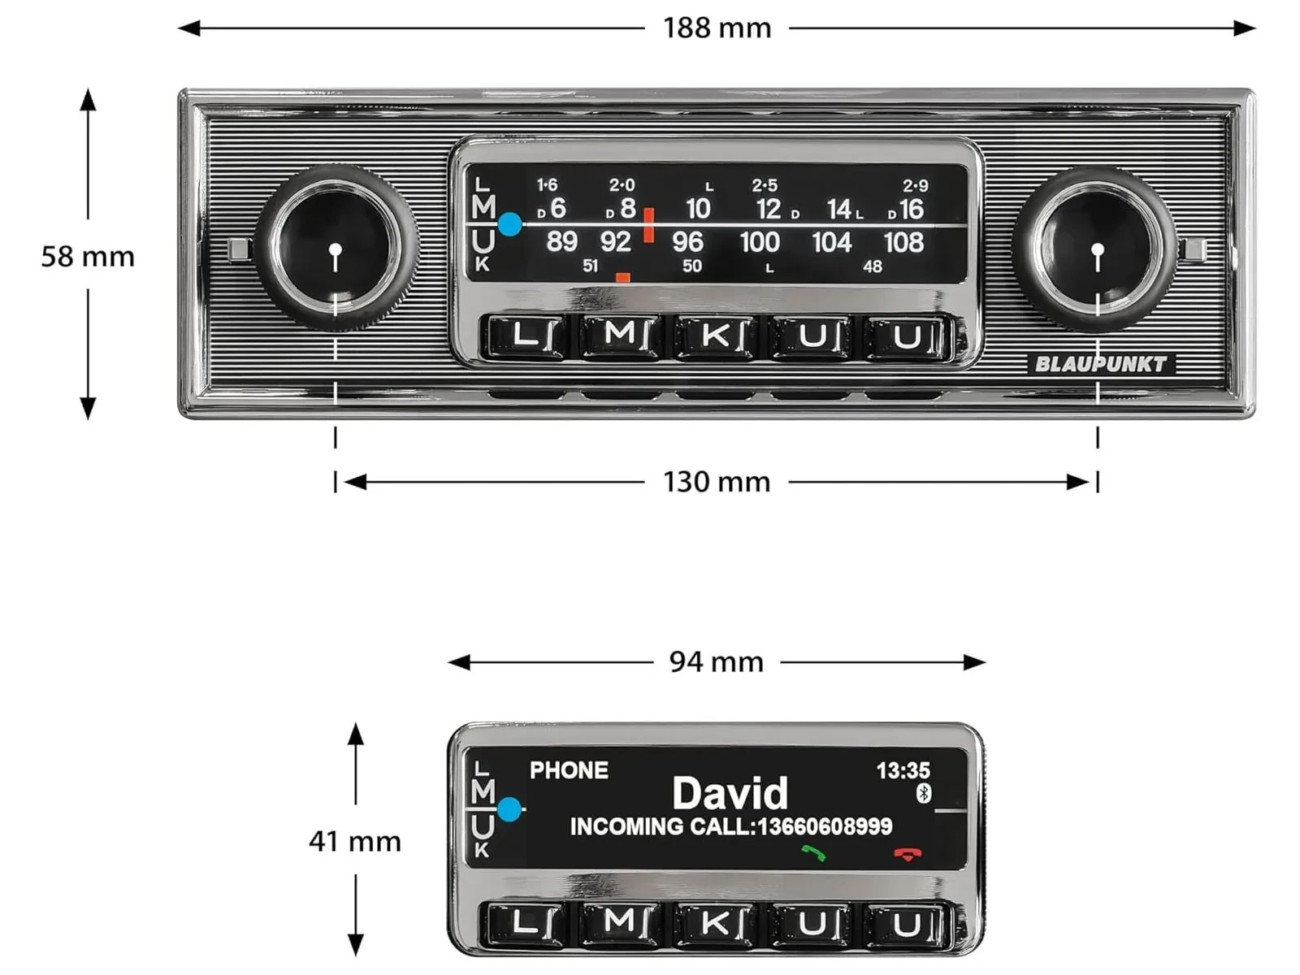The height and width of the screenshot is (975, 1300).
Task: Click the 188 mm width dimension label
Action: coord(717,28)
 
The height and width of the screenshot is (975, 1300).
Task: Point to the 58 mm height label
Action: coord(88,256)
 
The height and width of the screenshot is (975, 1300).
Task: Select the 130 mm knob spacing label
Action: coord(717,482)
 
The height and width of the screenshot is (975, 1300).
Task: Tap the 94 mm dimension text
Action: coord(717,662)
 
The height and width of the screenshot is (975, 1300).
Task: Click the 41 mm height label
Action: coord(355,841)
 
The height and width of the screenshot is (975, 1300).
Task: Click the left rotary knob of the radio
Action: coord(336,248)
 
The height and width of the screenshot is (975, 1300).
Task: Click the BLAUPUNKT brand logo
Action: coord(1100,364)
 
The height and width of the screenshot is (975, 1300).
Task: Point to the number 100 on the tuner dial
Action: coord(760,242)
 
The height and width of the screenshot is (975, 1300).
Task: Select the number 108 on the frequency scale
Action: coord(903,242)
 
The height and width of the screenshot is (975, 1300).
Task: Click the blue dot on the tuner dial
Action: coord(510,224)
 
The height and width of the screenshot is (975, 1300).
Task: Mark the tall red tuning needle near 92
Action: coord(648,225)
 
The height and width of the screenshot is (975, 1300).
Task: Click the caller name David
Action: coord(730,793)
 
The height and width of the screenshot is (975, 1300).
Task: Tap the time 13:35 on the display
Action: coord(903,770)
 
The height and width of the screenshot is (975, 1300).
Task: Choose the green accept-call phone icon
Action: coord(814,853)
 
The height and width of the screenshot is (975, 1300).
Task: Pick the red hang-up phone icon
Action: coord(908,854)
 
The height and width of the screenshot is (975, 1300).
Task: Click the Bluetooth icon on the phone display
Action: coord(923,793)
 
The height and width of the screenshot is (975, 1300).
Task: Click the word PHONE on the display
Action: coord(569,770)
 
